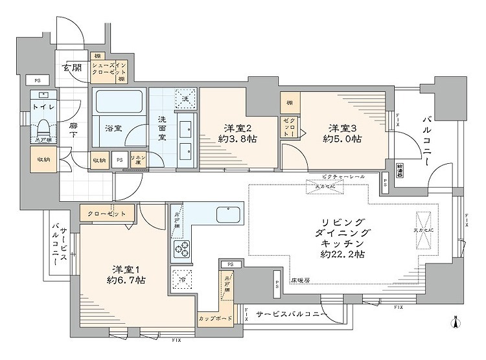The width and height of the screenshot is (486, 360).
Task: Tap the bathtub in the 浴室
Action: pos(121,102)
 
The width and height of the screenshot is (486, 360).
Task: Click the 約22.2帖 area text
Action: pos(342,254)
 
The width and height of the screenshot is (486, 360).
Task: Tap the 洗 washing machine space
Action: pos(185,98)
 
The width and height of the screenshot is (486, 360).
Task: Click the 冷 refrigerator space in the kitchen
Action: pos(182,279)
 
